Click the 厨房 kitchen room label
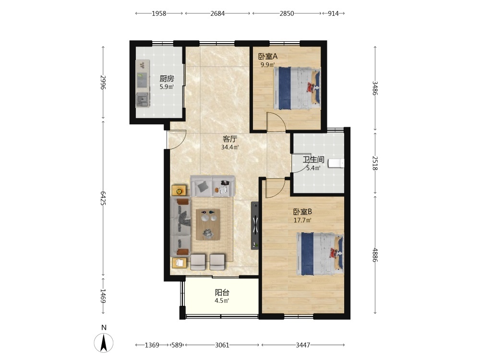pyautogui.click(x=167, y=79)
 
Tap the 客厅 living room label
pyautogui.click(x=230, y=139)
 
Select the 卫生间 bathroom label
pyautogui.click(x=313, y=159)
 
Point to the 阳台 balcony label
pyautogui.click(x=222, y=293)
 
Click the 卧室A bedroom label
pyautogui.click(x=268, y=56)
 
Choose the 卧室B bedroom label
pyautogui.click(x=302, y=212)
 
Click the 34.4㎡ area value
pyautogui.click(x=230, y=147)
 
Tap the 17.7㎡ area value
pyautogui.click(x=302, y=220)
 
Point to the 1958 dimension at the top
pyautogui.click(x=159, y=13)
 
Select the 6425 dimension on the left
pyautogui.click(x=103, y=198)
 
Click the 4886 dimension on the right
pyautogui.click(x=375, y=255)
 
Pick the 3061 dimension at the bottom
pyautogui.click(x=222, y=345)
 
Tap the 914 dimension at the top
pyautogui.click(x=333, y=13)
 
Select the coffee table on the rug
pyautogui.click(x=208, y=224)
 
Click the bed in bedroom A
pyautogui.click(x=297, y=88)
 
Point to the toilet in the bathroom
pyautogui.click(x=336, y=163)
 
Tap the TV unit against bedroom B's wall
pyautogui.click(x=255, y=226)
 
